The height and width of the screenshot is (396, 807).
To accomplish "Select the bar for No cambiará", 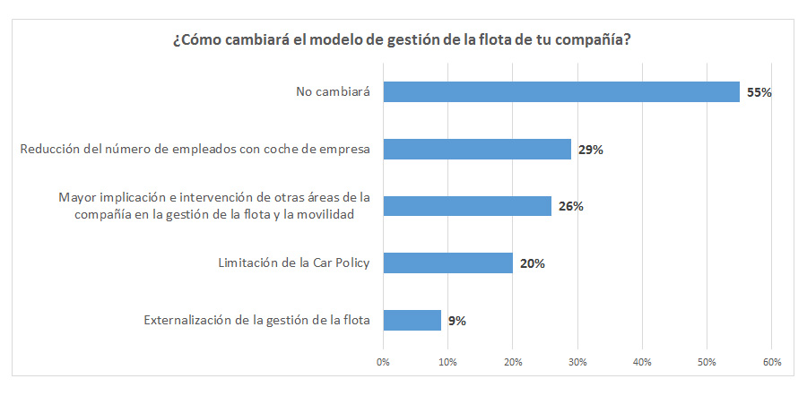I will [x=561, y=91].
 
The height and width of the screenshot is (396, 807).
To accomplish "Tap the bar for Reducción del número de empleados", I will [x=477, y=149].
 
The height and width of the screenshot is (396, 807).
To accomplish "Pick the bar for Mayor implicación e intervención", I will [x=467, y=206].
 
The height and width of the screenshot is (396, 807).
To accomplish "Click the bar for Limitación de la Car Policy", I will [x=447, y=263].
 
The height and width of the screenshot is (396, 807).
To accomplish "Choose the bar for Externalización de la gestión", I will [x=412, y=320].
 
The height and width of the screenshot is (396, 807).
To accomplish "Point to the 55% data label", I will [x=759, y=92].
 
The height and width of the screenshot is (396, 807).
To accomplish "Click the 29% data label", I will [x=590, y=150].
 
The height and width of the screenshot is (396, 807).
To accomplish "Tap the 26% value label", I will [x=570, y=207].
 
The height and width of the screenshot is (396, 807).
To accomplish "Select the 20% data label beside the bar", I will [x=532, y=264].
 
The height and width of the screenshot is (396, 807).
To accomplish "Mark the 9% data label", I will [x=457, y=321].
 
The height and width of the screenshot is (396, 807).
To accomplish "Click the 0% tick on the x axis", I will [x=383, y=362].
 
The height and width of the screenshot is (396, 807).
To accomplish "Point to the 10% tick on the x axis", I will [x=447, y=362].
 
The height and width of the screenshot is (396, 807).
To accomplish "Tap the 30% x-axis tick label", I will [x=577, y=362].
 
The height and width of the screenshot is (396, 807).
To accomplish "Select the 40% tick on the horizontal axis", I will [x=642, y=362].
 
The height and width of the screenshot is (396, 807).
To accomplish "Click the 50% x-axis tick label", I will [x=707, y=362].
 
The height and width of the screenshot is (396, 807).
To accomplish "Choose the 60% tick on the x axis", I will [x=771, y=362].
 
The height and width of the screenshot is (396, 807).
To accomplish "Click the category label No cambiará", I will [x=334, y=91].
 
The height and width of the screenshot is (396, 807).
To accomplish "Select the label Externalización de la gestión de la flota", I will [x=257, y=320].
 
